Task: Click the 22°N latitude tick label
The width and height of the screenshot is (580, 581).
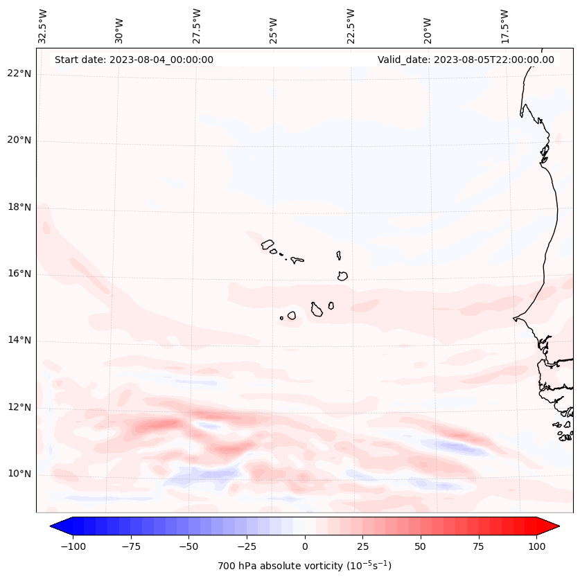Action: point(19,73)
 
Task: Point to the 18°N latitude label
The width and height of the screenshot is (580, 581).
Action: point(19,207)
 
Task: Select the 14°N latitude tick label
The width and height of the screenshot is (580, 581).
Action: point(19,341)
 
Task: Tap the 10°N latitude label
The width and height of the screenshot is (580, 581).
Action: point(19,474)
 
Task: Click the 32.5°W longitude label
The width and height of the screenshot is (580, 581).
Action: point(43,25)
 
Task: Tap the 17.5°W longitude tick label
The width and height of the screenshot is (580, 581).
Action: point(504,25)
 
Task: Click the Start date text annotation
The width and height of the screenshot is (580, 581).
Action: point(134,60)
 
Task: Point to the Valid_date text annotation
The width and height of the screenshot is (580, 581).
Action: point(466,60)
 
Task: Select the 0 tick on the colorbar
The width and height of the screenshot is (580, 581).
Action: point(305,546)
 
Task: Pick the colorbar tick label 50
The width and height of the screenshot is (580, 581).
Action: point(421,546)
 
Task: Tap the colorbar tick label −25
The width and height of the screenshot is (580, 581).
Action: point(247,546)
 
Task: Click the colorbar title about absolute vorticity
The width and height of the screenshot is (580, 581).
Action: point(305,566)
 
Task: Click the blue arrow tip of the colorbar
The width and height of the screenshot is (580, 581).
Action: point(58,526)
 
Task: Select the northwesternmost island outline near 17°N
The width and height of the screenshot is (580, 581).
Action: point(267,244)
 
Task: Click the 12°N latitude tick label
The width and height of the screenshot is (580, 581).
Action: point(19,407)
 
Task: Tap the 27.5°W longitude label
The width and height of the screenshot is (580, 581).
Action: point(197,25)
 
